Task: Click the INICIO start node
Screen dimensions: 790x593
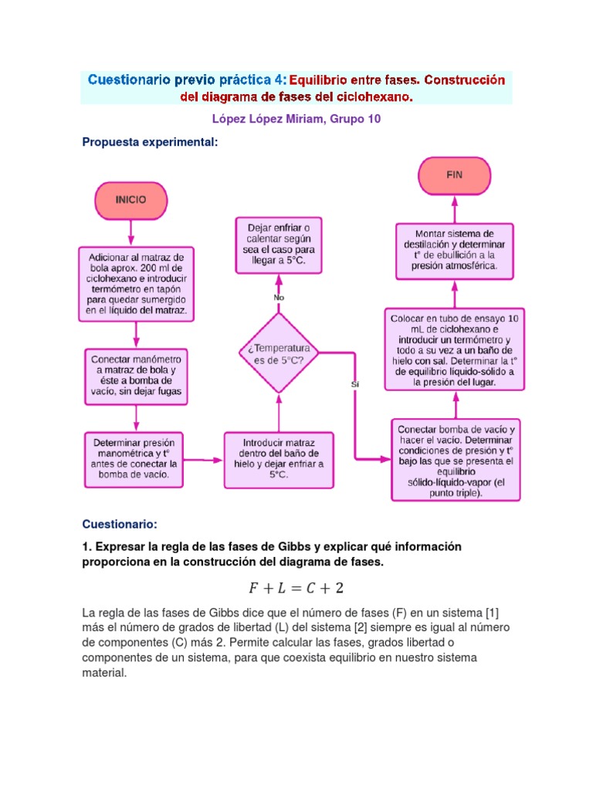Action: (x=130, y=199)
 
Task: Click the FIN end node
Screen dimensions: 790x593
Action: (x=454, y=175)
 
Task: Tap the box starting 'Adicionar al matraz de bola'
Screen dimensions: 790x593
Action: (x=136, y=283)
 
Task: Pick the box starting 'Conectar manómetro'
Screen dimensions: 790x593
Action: (x=136, y=376)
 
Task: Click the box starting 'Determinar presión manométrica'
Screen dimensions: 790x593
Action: (x=136, y=459)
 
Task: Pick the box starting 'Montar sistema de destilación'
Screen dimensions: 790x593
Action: (x=454, y=252)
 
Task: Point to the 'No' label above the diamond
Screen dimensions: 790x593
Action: (x=279, y=297)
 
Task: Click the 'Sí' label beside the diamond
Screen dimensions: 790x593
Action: (x=355, y=383)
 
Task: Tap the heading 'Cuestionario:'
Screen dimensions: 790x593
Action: (x=119, y=525)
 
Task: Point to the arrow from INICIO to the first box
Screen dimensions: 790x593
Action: (x=130, y=231)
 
